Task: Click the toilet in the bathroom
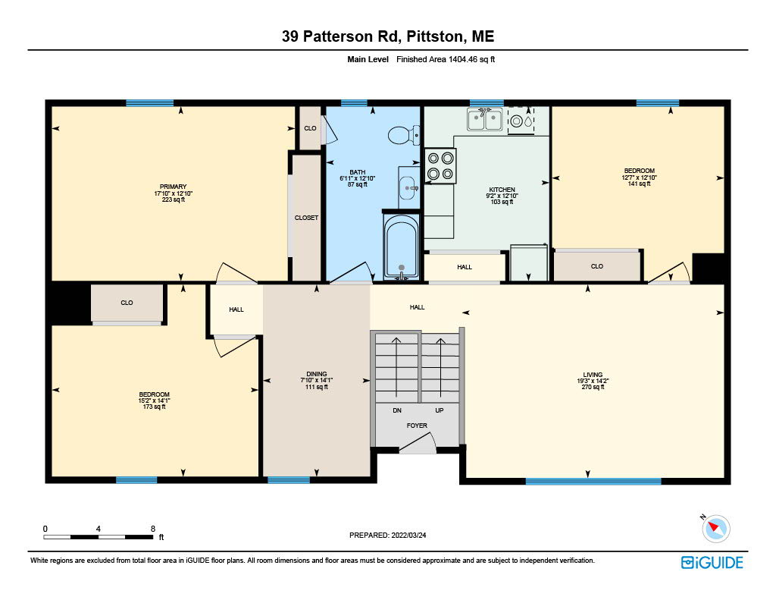pos(404,135)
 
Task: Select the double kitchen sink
pos(485,120)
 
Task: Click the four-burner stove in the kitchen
pos(440,166)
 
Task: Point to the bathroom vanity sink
pos(409,187)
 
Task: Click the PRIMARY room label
pos(174,187)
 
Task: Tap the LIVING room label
pos(593,375)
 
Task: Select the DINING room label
pos(317,374)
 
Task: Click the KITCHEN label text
pos(502,190)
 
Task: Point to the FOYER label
pos(418,426)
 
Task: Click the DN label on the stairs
pos(397,410)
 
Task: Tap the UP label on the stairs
pos(439,410)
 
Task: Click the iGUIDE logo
pos(712,562)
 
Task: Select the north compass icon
pos(715,528)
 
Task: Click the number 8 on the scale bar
pos(153,529)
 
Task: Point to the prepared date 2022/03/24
pos(408,535)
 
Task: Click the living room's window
pos(593,481)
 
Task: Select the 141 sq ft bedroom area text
pos(640,184)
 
